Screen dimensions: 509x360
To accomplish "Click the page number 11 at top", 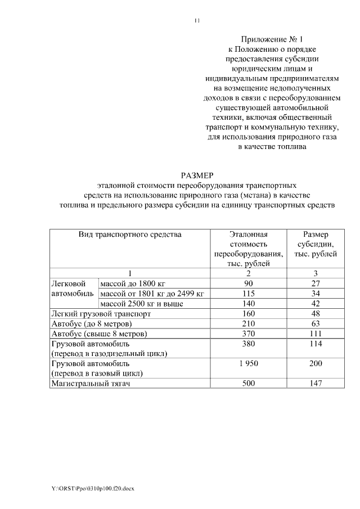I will pos(197,21).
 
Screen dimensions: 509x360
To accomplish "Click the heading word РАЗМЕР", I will pos(197,175).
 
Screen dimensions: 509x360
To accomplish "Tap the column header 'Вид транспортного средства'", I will pos(130,234).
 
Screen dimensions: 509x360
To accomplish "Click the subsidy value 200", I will pos(316,363).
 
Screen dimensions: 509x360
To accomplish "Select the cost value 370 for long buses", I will pos(248,334).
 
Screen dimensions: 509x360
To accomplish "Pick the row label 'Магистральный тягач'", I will pos(94,384).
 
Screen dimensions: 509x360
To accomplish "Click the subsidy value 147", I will pos(316,384).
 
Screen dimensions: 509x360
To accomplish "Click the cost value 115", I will pos(248,294).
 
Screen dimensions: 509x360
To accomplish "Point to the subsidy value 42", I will pos(316,304).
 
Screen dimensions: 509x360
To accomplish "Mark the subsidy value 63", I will pos(316,324).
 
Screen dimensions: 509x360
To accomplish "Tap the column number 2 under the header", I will pos(248,273).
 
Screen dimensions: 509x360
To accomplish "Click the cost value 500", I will pos(248,384).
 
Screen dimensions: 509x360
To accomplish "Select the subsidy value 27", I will pos(316,283).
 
